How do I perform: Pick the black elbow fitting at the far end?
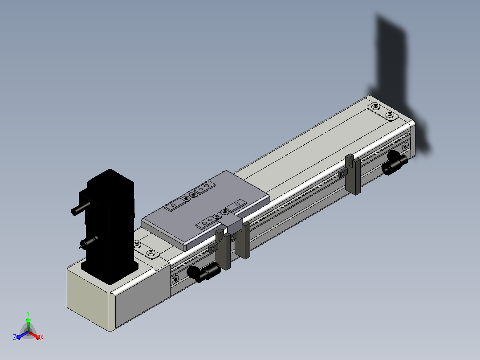tap(395, 162)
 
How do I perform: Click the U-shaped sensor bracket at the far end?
tap(354, 175)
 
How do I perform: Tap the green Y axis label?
tap(28, 313)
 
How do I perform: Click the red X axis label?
tap(42, 337)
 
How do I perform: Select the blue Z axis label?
tap(14, 337)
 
